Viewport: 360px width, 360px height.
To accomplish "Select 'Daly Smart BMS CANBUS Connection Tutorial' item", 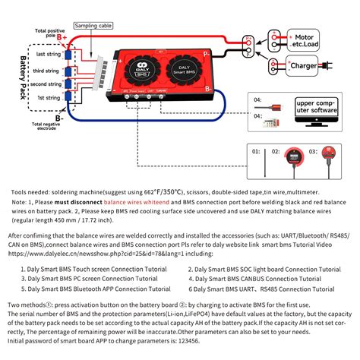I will click(254, 278).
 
